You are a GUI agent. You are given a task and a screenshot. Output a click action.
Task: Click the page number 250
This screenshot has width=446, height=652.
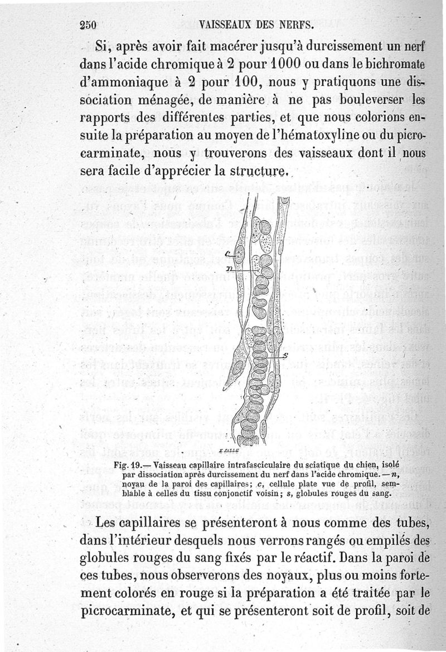89,25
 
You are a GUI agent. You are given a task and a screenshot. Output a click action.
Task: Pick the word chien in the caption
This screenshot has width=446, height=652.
365,465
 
